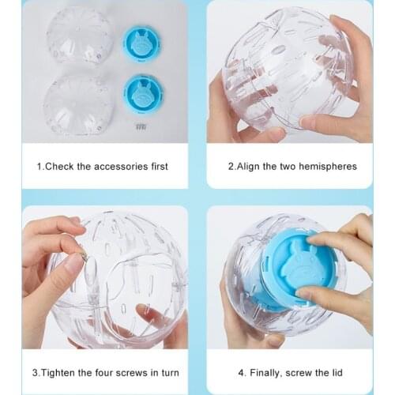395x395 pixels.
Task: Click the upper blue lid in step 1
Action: [141, 43]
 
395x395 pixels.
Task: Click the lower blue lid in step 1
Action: [143, 93]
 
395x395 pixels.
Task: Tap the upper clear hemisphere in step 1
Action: [80, 36]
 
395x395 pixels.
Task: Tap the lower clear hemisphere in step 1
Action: [78, 105]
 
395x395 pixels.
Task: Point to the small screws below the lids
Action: [141, 127]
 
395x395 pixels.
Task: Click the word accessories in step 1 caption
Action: [121, 167]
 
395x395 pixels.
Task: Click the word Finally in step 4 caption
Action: [266, 373]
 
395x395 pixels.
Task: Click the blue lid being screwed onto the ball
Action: [299, 269]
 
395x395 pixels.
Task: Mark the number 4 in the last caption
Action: [241, 373]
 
